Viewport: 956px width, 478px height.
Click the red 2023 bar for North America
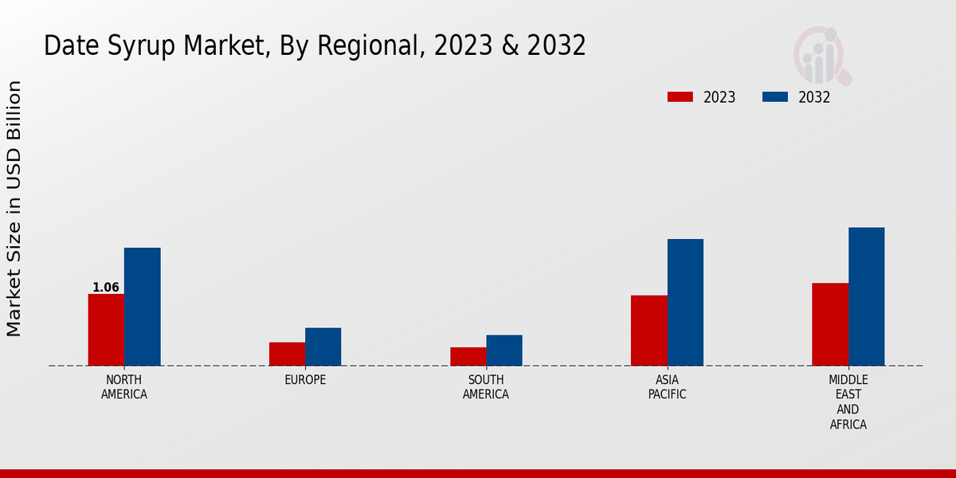pos(106,330)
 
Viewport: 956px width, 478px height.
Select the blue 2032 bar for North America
pos(142,307)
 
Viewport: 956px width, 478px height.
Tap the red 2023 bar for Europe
pos(287,354)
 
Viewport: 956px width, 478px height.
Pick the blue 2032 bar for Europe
pos(323,347)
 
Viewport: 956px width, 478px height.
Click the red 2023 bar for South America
pos(468,356)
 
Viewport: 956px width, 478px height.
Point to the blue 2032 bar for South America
pos(504,351)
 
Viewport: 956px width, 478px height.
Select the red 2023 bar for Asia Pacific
pos(649,331)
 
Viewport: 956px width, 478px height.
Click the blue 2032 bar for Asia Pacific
pos(685,303)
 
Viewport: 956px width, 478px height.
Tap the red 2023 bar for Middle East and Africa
pos(830,324)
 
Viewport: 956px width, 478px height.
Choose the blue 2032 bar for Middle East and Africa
pos(866,296)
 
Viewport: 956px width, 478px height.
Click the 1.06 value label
pos(106,288)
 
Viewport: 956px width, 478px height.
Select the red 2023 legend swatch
pos(680,97)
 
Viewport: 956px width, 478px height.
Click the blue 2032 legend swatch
pos(774,97)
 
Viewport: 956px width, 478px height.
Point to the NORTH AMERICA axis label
pos(124,387)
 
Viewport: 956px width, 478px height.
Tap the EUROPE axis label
pos(305,380)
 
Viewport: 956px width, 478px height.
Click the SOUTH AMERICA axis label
pos(486,387)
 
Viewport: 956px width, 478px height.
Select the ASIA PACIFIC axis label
pos(668,387)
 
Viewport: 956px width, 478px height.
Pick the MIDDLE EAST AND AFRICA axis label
pos(848,402)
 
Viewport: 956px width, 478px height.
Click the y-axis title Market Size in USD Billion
pos(14,209)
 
